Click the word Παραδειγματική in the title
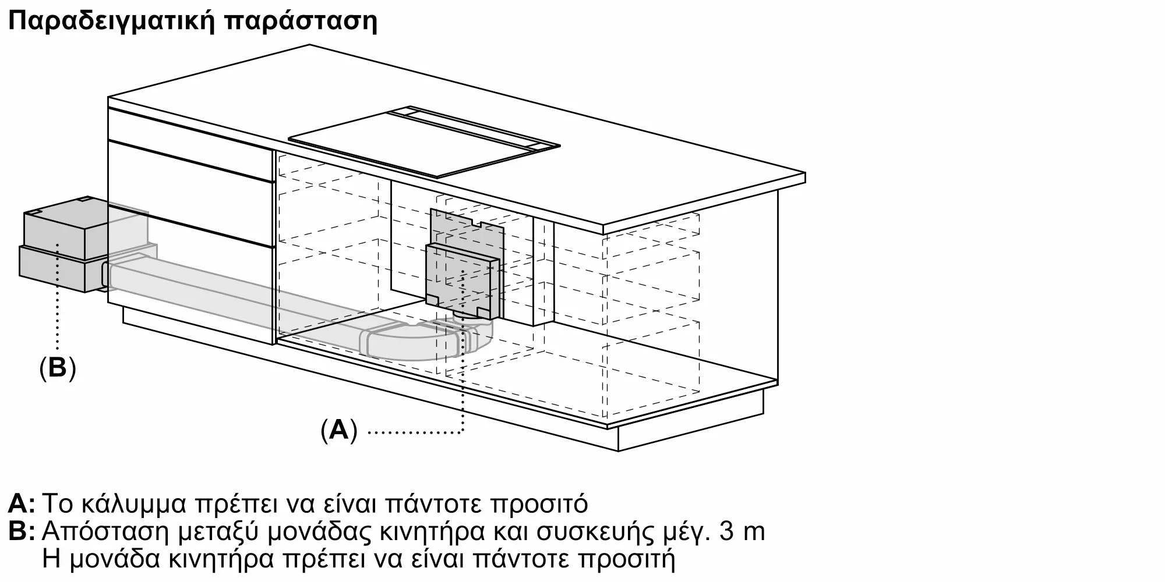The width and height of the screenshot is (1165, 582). tap(111, 22)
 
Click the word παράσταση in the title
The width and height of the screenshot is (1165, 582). tap(300, 22)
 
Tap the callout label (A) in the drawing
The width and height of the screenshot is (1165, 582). tap(338, 431)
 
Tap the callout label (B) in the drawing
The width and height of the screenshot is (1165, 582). tap(57, 368)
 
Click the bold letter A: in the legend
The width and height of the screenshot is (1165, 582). tap(22, 503)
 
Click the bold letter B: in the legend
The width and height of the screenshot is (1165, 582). tap(22, 532)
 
